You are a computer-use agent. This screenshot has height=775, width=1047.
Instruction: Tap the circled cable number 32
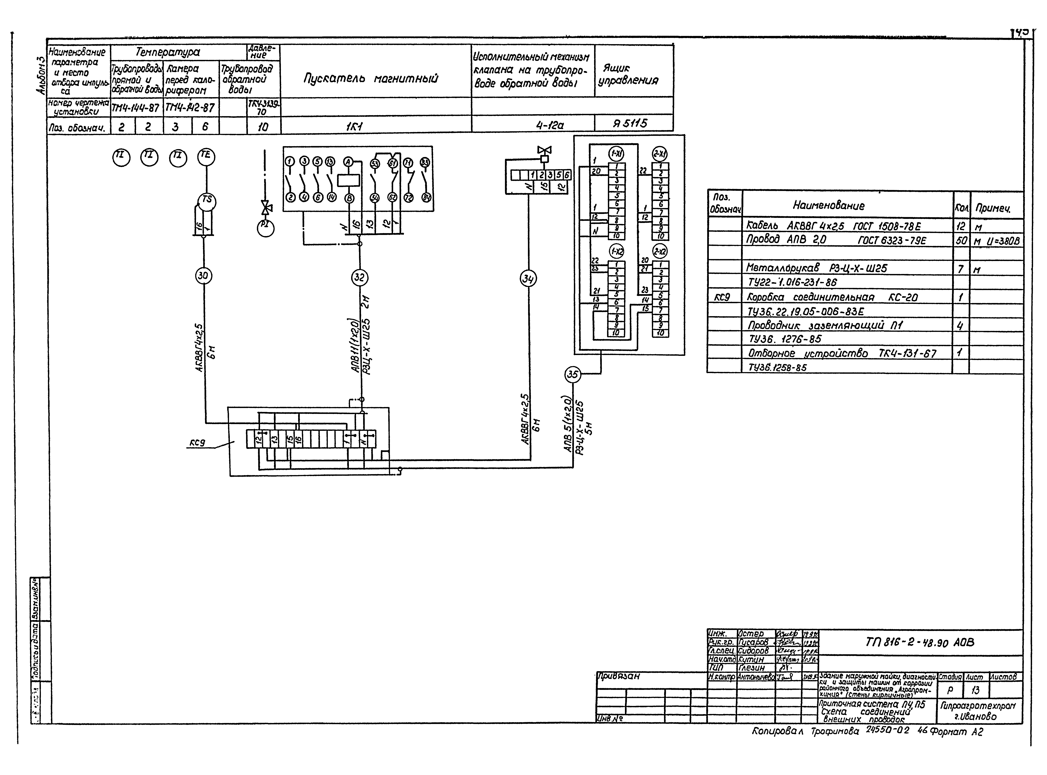click(360, 277)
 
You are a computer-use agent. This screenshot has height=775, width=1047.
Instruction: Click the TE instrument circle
click(206, 156)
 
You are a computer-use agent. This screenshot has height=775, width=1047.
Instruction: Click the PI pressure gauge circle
click(266, 228)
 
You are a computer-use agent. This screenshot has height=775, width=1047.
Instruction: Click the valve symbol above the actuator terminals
click(544, 150)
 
